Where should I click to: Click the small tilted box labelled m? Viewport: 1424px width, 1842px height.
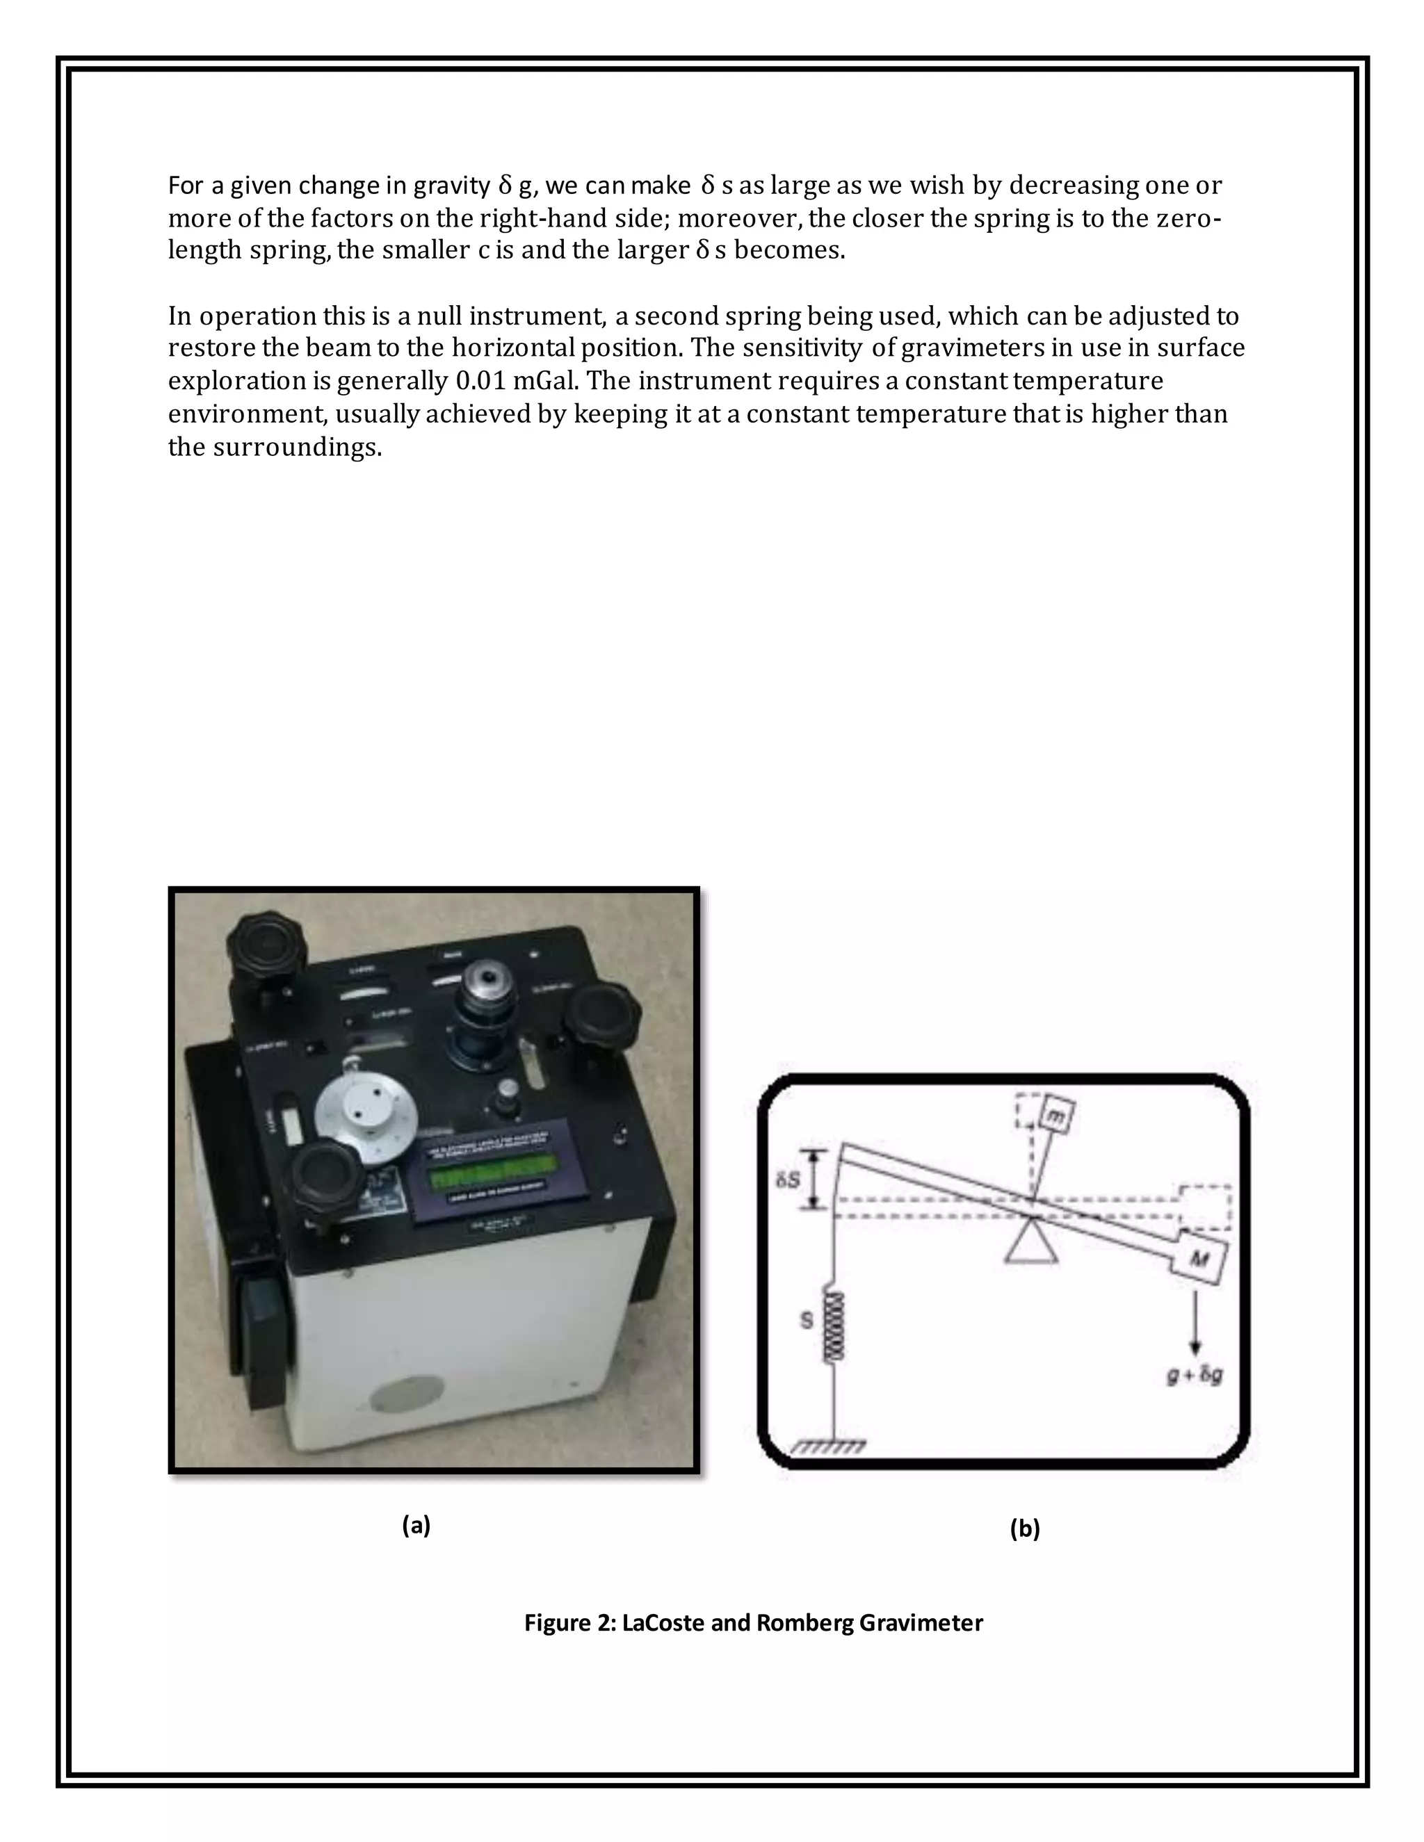point(1055,1117)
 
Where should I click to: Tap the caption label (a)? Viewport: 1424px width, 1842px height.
point(416,1525)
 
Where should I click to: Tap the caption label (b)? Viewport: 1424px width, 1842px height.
point(1025,1529)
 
